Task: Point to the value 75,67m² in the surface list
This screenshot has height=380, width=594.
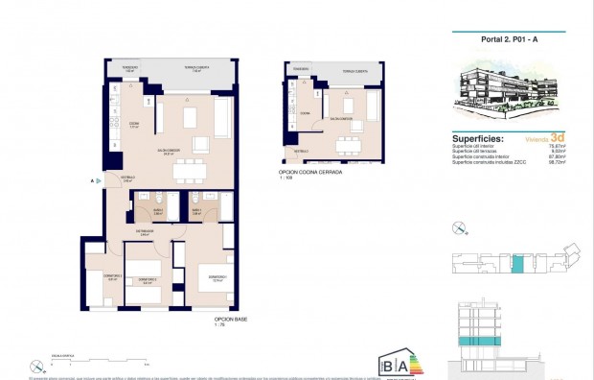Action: click(x=557, y=147)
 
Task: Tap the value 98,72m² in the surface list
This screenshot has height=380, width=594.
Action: click(x=557, y=164)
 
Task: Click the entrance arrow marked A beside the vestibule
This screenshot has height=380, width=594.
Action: click(x=94, y=180)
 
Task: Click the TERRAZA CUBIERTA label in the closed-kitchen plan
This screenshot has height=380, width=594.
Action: click(x=355, y=72)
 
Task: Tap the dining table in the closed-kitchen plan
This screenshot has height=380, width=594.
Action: click(x=346, y=144)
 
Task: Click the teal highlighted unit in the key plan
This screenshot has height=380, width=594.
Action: click(x=518, y=265)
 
